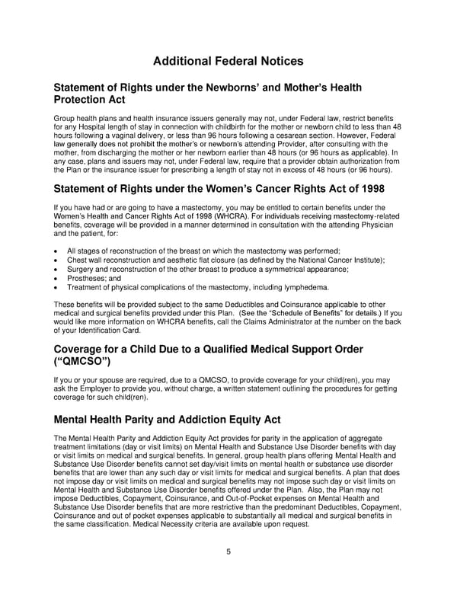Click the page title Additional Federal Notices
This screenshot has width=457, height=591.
tap(228, 61)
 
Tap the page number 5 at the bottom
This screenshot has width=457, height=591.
tap(228, 553)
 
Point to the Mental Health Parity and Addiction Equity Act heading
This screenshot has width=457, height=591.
tap(168, 419)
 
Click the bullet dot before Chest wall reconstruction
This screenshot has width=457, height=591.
tap(58, 260)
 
